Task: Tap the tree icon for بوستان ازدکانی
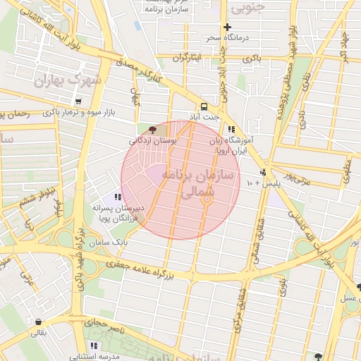coord(152,129)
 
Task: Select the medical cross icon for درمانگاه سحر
coord(226,27)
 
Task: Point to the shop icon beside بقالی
coord(37,322)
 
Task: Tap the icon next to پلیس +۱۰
coord(263,171)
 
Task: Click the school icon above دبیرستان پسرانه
coord(118,197)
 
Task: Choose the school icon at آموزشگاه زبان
coord(231,129)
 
